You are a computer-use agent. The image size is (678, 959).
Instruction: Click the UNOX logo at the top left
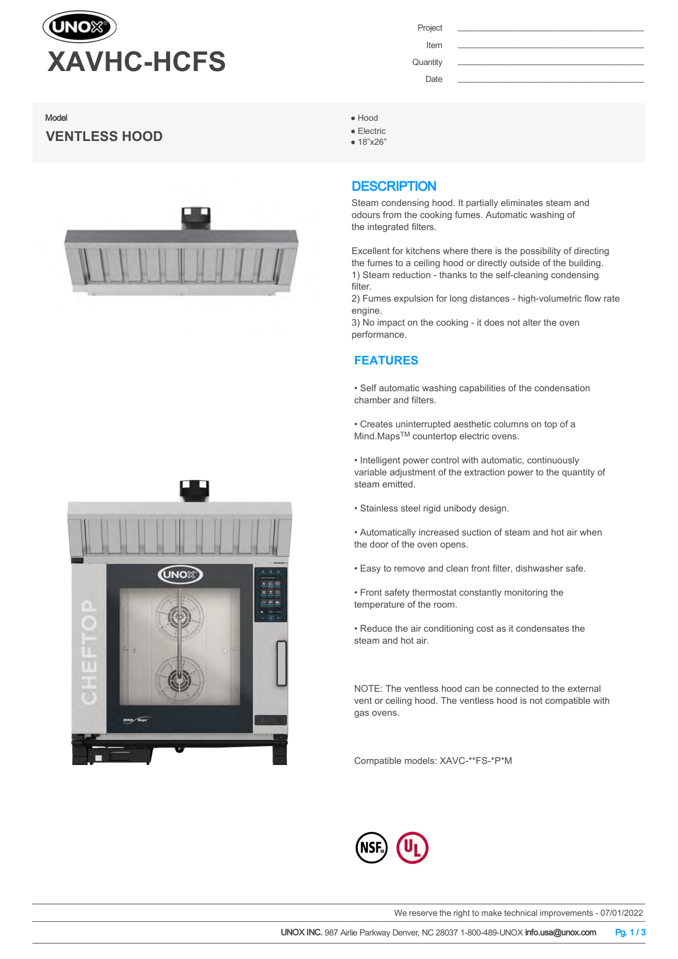(80, 27)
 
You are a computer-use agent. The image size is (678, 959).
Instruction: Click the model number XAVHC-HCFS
(137, 61)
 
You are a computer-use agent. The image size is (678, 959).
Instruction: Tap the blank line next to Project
(550, 30)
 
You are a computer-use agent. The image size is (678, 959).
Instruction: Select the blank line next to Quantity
(550, 64)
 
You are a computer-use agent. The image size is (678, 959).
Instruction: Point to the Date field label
(434, 79)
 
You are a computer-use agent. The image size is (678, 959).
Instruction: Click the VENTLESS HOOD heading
(104, 136)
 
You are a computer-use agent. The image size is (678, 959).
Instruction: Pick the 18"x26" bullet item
(372, 142)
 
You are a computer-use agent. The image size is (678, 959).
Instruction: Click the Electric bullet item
(372, 131)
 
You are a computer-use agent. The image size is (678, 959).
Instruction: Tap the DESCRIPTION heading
(394, 186)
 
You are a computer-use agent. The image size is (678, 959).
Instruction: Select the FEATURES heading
(386, 361)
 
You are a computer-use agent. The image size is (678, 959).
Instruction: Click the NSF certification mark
(372, 848)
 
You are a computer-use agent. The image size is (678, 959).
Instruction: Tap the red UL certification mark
(412, 848)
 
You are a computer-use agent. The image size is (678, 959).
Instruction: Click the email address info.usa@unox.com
(561, 932)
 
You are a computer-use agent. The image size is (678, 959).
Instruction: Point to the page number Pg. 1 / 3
(630, 932)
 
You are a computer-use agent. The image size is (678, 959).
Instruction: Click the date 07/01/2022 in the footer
(622, 913)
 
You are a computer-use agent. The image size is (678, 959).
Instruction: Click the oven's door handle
(281, 663)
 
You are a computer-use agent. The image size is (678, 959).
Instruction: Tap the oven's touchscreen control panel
(270, 594)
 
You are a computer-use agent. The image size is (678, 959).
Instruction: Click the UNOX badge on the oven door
(180, 574)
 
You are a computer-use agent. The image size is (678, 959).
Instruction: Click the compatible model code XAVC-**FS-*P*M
(476, 761)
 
